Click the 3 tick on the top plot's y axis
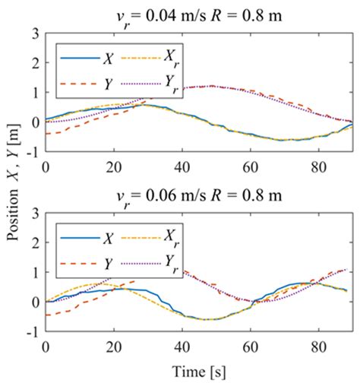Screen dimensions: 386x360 point(35,34)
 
